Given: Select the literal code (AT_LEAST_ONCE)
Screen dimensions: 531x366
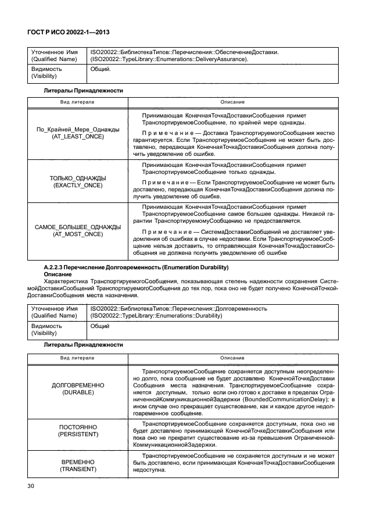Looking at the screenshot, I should (78, 136).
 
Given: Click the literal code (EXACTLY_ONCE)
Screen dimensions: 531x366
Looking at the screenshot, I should (78, 185).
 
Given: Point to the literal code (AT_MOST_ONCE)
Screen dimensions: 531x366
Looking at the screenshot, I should (78, 234).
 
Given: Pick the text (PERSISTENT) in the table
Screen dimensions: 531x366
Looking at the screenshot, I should (78, 434).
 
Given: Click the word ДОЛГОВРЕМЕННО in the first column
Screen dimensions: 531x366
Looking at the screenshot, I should (78, 386).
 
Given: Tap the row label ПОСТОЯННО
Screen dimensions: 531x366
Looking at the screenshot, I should (78, 426).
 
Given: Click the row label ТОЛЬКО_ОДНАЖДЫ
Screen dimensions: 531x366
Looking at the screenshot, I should (78, 177).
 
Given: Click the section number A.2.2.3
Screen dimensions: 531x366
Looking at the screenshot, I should (56, 267).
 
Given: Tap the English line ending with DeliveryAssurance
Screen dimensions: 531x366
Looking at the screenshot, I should (170, 59).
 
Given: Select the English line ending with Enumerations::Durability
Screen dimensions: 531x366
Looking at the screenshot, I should (157, 315).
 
